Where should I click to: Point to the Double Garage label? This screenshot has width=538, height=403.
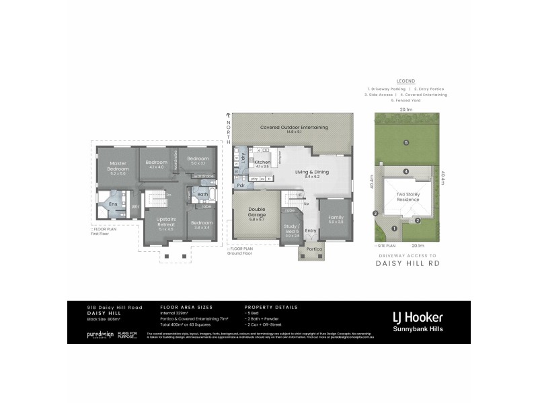(257, 213)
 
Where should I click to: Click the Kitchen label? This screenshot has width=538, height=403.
(262, 163)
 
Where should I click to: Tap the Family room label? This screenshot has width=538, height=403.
(336, 218)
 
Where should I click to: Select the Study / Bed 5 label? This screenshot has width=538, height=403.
(292, 230)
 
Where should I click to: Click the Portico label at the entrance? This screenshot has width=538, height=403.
(315, 250)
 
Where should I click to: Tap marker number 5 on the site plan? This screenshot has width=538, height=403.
(406, 142)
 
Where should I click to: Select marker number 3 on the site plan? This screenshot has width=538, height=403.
(375, 214)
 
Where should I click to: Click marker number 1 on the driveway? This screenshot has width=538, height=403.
(394, 228)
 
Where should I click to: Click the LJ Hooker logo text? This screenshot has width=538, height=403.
(417, 316)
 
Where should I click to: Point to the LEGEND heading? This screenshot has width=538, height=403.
(406, 81)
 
